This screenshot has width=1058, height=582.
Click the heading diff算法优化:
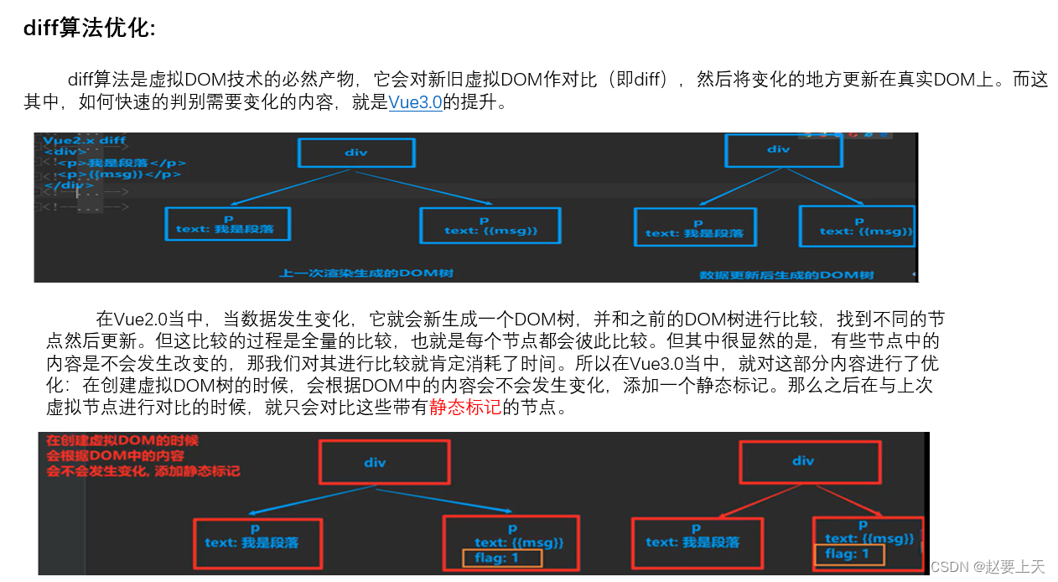(90, 29)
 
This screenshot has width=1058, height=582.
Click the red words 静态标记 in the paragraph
(465, 408)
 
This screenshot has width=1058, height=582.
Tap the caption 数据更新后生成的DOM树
(786, 274)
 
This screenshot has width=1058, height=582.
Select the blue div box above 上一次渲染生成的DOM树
(355, 152)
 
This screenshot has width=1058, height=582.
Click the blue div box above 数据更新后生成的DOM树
(778, 149)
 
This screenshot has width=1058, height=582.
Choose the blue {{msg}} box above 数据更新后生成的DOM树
(855, 226)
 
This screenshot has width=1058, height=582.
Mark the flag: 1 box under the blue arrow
(501, 558)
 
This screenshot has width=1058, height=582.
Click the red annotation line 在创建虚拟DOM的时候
(122, 441)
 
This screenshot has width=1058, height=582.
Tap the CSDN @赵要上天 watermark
(988, 567)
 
